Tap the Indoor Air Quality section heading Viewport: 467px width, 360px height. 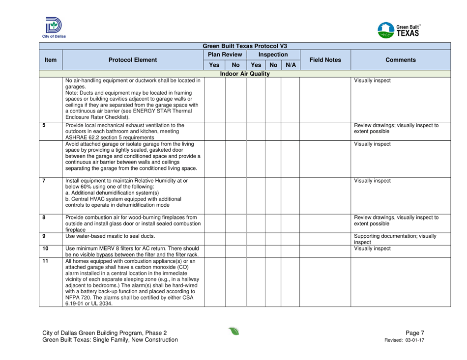233,73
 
